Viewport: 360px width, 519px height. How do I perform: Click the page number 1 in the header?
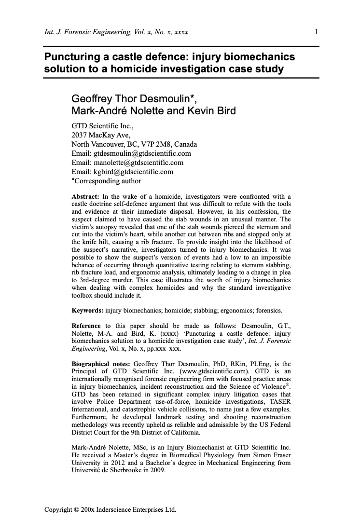[x=316, y=32]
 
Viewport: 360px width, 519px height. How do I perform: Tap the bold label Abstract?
[x=85, y=196]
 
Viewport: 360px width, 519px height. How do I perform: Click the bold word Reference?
[x=86, y=326]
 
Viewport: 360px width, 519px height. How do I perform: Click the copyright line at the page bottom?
[x=110, y=509]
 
